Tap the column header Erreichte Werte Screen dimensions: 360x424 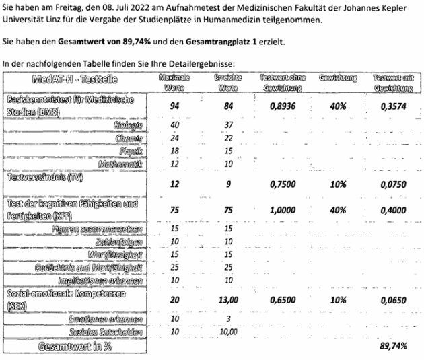[228, 83]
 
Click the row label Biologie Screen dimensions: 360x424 [129, 125]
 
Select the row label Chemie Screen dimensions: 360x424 [130, 138]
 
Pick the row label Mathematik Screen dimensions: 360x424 [120, 164]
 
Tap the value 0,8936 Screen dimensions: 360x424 [283, 106]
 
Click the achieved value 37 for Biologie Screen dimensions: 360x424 [228, 125]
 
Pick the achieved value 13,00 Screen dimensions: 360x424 [228, 300]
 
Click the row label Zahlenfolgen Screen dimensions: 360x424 [123, 242]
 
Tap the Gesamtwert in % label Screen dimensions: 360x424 [73, 347]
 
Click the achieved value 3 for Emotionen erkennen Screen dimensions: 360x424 [228, 319]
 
